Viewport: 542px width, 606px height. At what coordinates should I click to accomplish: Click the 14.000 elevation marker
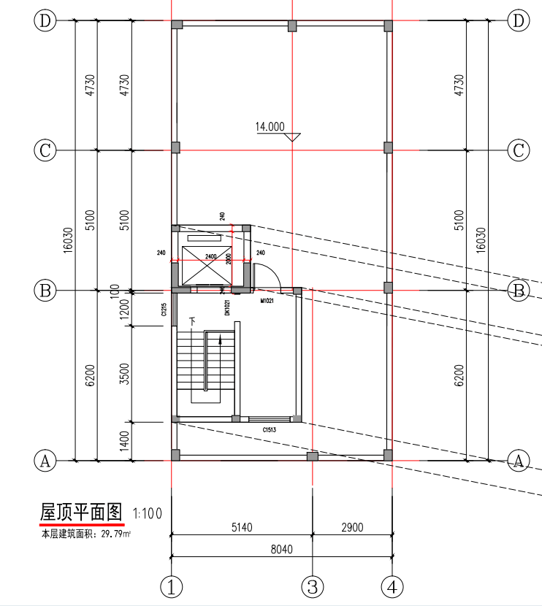[x=270, y=126]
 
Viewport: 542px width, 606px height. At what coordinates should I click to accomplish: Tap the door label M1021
[x=267, y=300]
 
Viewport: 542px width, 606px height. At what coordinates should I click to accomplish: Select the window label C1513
[x=273, y=430]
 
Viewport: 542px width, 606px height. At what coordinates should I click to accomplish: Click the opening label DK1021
[x=228, y=307]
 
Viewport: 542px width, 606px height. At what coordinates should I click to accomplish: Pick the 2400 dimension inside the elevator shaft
[x=211, y=256]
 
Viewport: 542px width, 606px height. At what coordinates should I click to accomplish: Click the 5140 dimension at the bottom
[x=241, y=527]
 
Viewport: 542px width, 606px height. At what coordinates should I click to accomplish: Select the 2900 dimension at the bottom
[x=351, y=527]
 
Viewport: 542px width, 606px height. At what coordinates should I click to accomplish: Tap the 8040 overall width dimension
[x=280, y=550]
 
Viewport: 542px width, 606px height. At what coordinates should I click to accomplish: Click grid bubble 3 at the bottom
[x=313, y=586]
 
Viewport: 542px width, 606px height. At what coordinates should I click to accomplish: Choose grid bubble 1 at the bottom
[x=171, y=586]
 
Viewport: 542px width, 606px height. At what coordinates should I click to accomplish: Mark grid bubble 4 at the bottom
[x=392, y=586]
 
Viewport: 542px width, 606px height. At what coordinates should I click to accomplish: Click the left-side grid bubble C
[x=45, y=151]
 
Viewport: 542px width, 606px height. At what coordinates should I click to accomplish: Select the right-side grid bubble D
[x=519, y=21]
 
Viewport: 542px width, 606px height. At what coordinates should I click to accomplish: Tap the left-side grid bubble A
[x=45, y=461]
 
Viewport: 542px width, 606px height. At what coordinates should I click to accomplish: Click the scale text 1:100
[x=148, y=513]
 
